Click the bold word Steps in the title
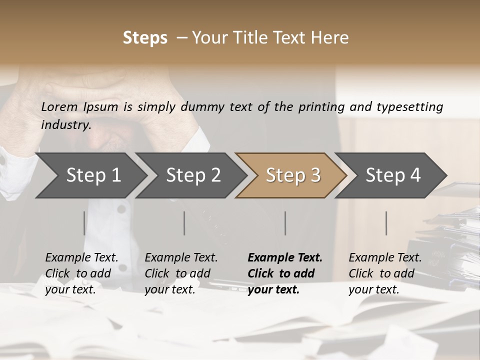click(x=145, y=38)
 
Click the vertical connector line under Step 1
click(x=84, y=223)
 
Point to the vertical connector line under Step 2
click(x=184, y=223)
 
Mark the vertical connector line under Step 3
click(x=285, y=223)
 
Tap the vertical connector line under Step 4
click(x=386, y=223)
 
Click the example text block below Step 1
click(x=81, y=273)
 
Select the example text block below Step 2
click(x=181, y=273)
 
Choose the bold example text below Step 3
click(x=285, y=273)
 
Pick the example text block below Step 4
click(x=385, y=273)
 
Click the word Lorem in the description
click(x=59, y=106)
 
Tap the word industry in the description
click(x=65, y=124)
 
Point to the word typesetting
click(x=410, y=107)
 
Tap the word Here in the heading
click(x=330, y=38)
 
